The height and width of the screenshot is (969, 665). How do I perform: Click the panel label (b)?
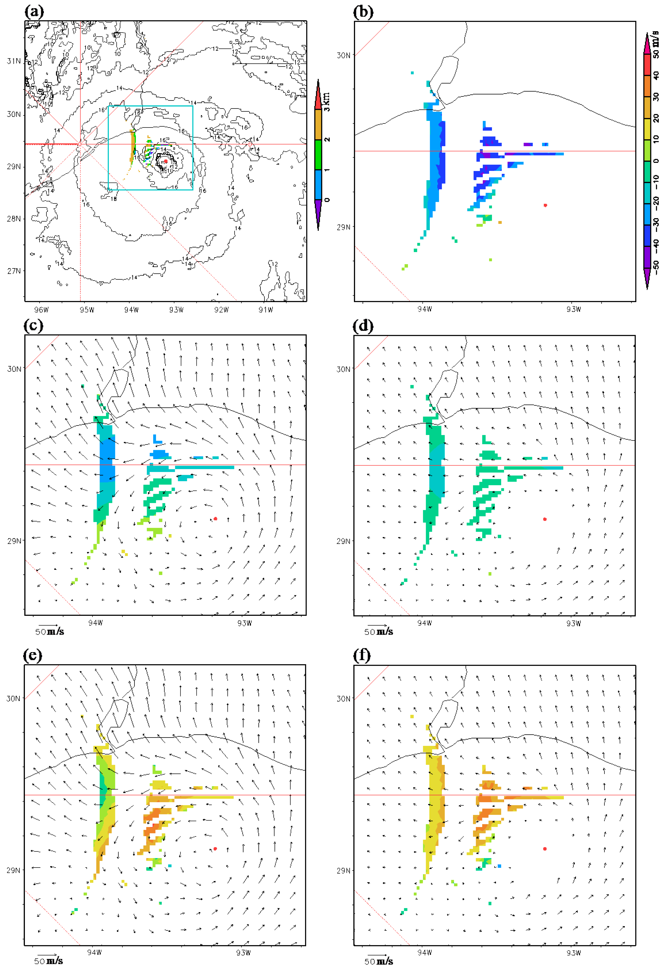click(x=363, y=12)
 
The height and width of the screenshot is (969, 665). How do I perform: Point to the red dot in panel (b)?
click(x=545, y=205)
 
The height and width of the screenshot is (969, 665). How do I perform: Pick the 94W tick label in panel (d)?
click(x=425, y=623)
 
